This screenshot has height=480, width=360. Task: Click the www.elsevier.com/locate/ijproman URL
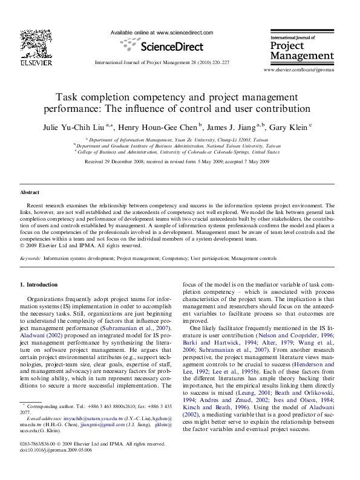coord(298,71)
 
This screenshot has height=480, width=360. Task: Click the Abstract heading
coord(30,192)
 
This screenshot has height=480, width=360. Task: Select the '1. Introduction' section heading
coord(39,284)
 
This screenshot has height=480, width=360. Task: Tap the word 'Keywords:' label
coord(30,258)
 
